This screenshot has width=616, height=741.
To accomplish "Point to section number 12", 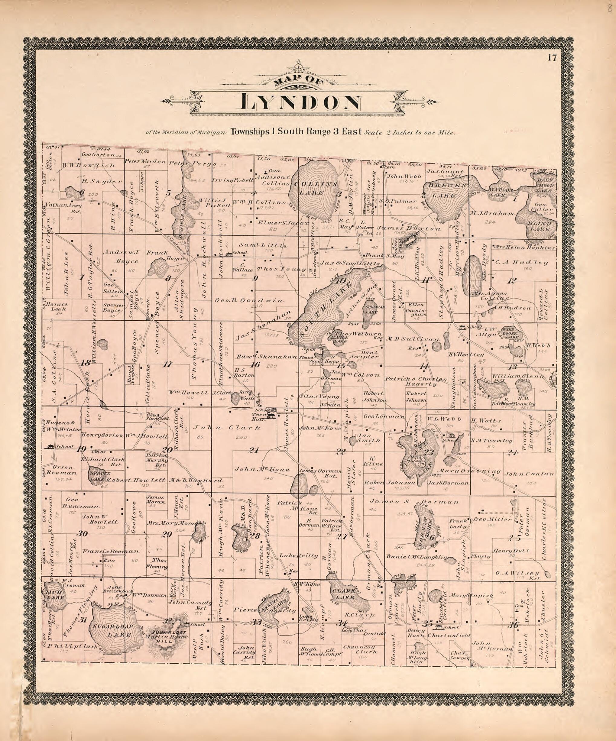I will pyautogui.click(x=511, y=280).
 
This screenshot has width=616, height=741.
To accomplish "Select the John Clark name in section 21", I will pyautogui.click(x=226, y=428).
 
